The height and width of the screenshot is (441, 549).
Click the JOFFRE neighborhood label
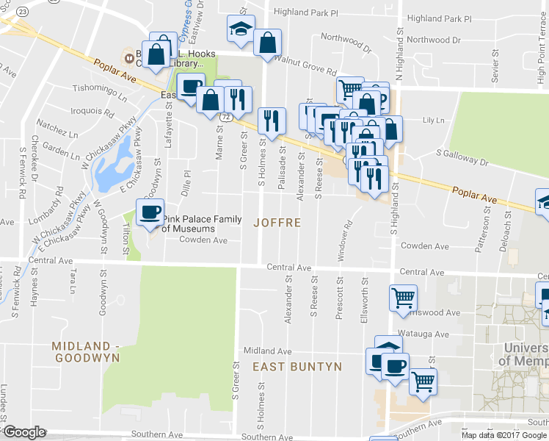tap(277, 222)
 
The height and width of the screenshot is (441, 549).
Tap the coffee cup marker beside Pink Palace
tap(150, 212)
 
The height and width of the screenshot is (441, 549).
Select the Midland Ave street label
tap(268, 351)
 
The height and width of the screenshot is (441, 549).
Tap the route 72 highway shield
tap(230, 116)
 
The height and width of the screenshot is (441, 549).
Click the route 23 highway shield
tap(24, 12)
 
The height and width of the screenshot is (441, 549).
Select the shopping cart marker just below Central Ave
tap(403, 298)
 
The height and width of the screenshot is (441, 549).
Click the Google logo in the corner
tap(24, 432)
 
